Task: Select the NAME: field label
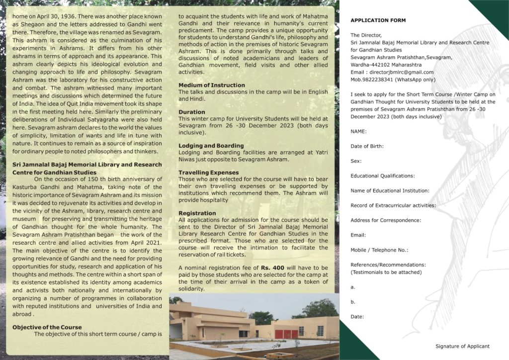coord(358,131)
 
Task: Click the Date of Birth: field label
coord(367,146)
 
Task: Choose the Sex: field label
coord(356,161)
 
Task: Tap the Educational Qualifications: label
coord(382,176)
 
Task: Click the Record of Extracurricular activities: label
coord(393,205)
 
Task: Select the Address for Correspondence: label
coord(386,220)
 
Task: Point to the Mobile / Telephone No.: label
coord(379,250)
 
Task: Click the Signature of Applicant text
coord(462,346)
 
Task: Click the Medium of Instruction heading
coord(212,85)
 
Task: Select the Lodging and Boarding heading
coord(211,146)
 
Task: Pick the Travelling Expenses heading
coord(208,173)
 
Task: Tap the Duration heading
coord(192,112)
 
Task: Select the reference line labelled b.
coord(353,302)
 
